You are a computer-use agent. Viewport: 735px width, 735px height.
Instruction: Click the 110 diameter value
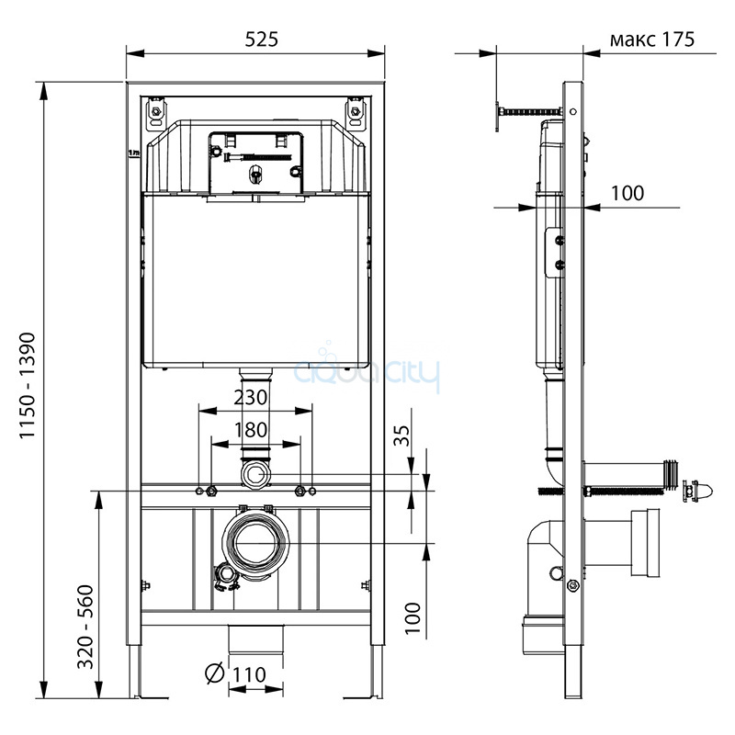246,675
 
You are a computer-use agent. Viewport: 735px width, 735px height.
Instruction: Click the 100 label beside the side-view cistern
628,193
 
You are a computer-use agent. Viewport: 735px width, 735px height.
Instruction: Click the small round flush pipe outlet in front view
255,475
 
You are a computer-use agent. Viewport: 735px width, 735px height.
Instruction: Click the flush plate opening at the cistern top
255,162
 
